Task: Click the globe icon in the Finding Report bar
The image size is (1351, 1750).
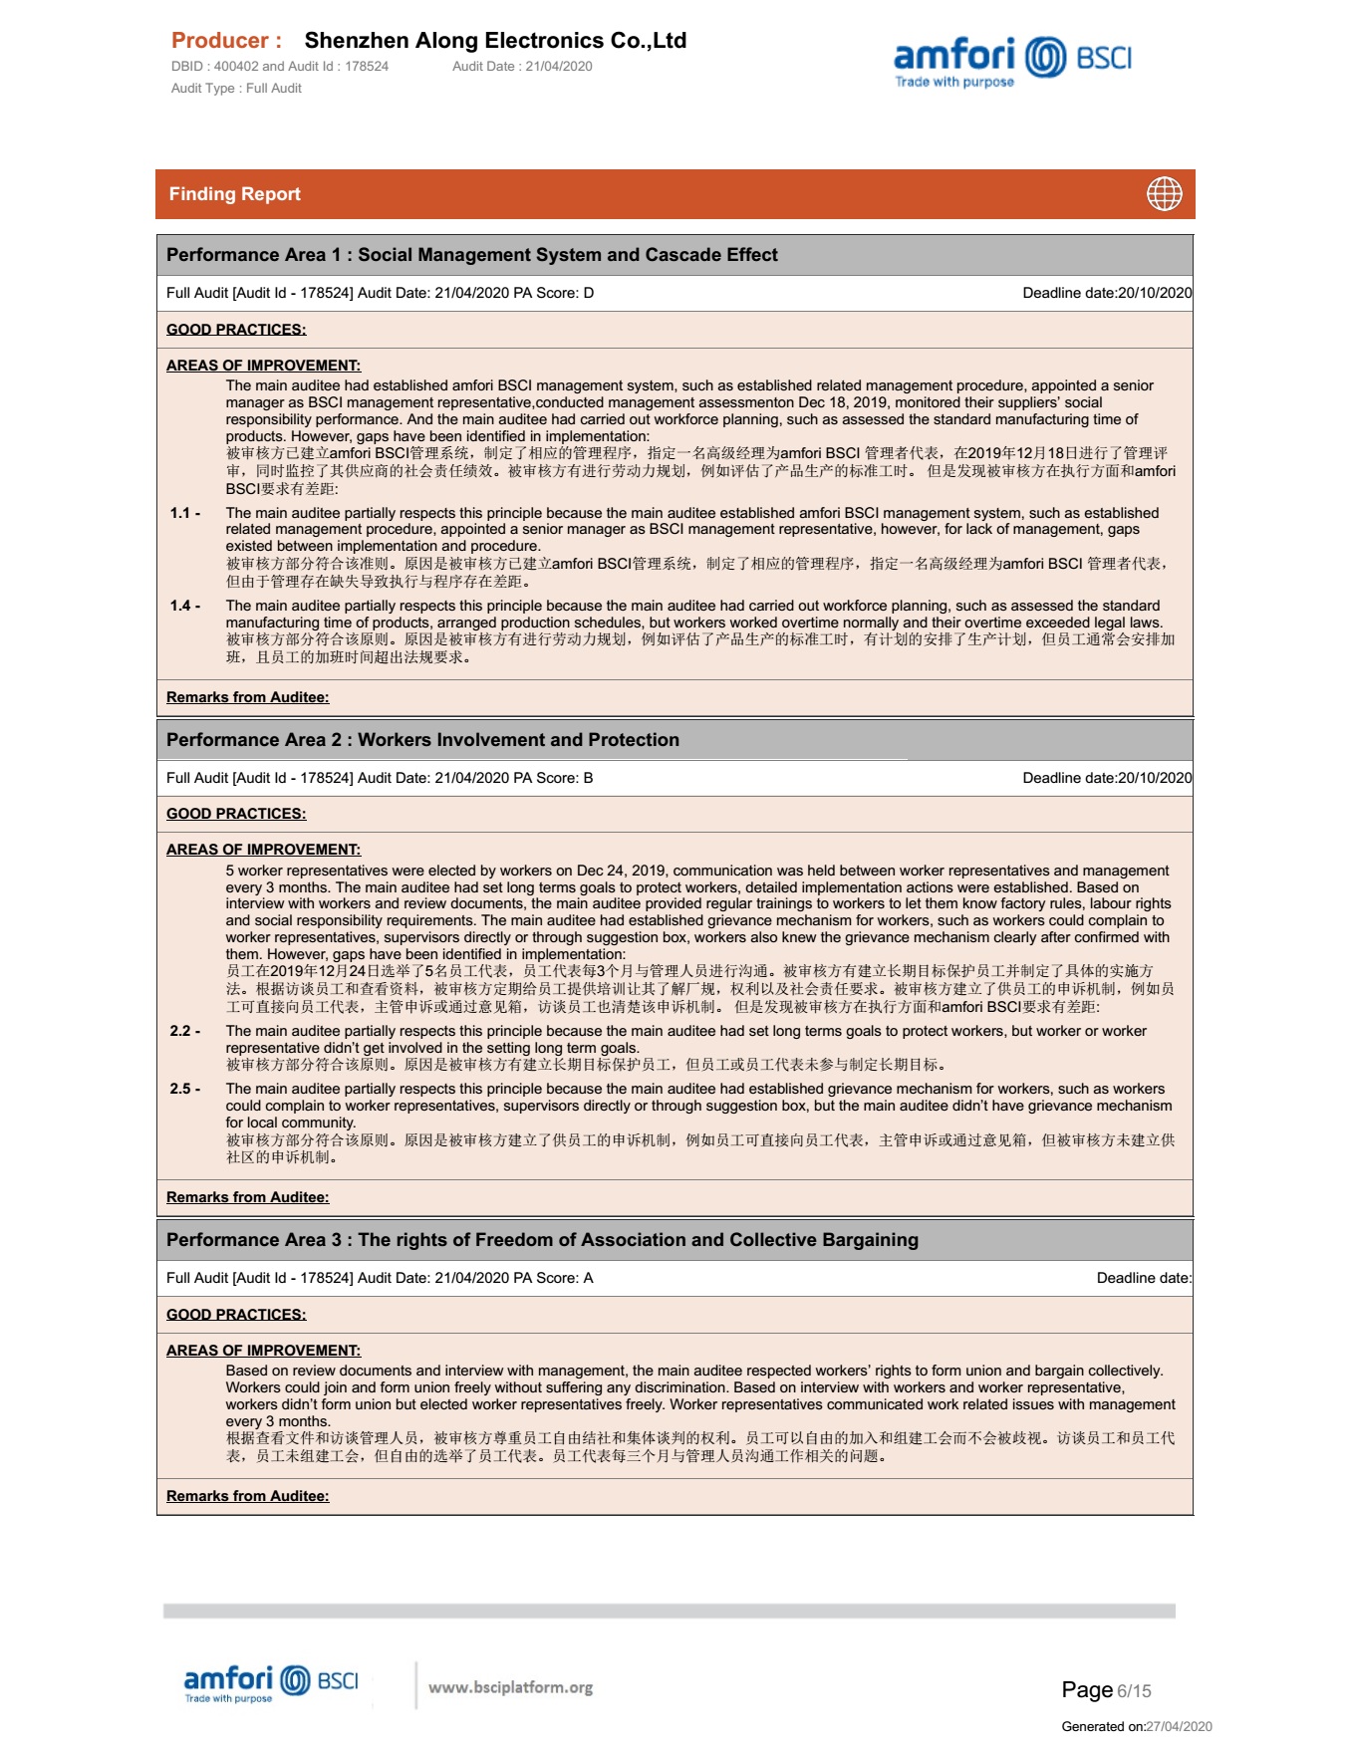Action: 1164,194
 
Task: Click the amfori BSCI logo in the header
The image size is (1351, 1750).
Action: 1012,62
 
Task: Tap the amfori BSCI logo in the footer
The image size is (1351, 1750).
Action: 271,1684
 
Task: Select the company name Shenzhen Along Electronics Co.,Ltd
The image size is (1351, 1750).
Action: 495,41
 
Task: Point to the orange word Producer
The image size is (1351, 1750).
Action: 226,41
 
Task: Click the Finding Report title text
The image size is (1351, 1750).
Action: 234,194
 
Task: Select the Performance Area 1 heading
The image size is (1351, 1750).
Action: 471,255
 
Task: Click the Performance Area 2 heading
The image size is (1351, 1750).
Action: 422,740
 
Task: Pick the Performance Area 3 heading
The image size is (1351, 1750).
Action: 542,1240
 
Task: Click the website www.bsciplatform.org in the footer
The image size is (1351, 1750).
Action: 510,1687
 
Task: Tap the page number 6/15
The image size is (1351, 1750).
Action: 1134,1691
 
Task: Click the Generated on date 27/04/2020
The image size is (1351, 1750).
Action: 1179,1726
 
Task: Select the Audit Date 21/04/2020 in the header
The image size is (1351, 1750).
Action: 522,67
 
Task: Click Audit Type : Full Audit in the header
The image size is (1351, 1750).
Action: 236,89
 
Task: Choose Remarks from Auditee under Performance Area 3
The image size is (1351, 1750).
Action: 247,1496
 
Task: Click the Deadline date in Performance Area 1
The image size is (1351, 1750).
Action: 1106,293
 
